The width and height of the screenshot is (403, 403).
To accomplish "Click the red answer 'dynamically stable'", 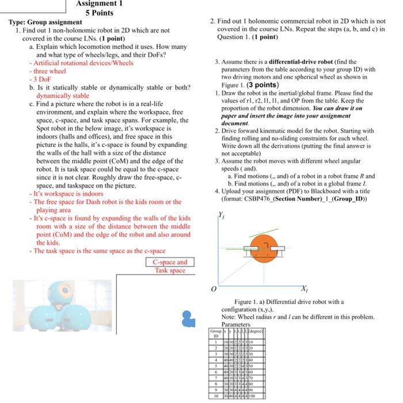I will (63, 96).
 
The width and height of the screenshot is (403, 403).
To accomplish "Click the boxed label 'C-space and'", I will (170, 263).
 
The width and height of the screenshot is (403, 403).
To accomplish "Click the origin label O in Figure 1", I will (212, 289).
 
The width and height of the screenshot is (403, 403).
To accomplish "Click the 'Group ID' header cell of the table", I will (216, 334).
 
